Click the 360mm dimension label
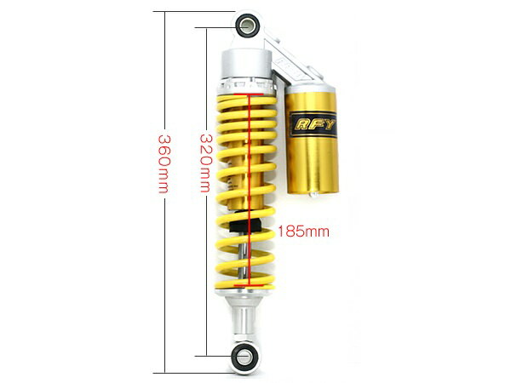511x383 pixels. pos(164,163)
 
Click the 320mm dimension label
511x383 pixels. pos(206,163)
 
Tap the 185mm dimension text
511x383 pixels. pos(303,232)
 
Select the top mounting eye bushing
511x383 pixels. pos(247,24)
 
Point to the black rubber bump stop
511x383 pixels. pos(245,225)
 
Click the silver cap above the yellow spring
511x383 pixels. pos(247,65)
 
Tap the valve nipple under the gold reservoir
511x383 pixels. pos(313,195)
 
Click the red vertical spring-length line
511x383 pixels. pos(250,190)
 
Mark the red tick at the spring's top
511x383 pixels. pos(249,94)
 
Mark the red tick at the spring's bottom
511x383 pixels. pos(249,285)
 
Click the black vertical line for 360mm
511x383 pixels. pos(165,192)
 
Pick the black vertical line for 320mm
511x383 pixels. pos(207,191)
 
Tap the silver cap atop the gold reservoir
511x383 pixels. pos(312,88)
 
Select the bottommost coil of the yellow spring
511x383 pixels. pos(244,283)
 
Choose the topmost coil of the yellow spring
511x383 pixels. pos(247,100)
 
